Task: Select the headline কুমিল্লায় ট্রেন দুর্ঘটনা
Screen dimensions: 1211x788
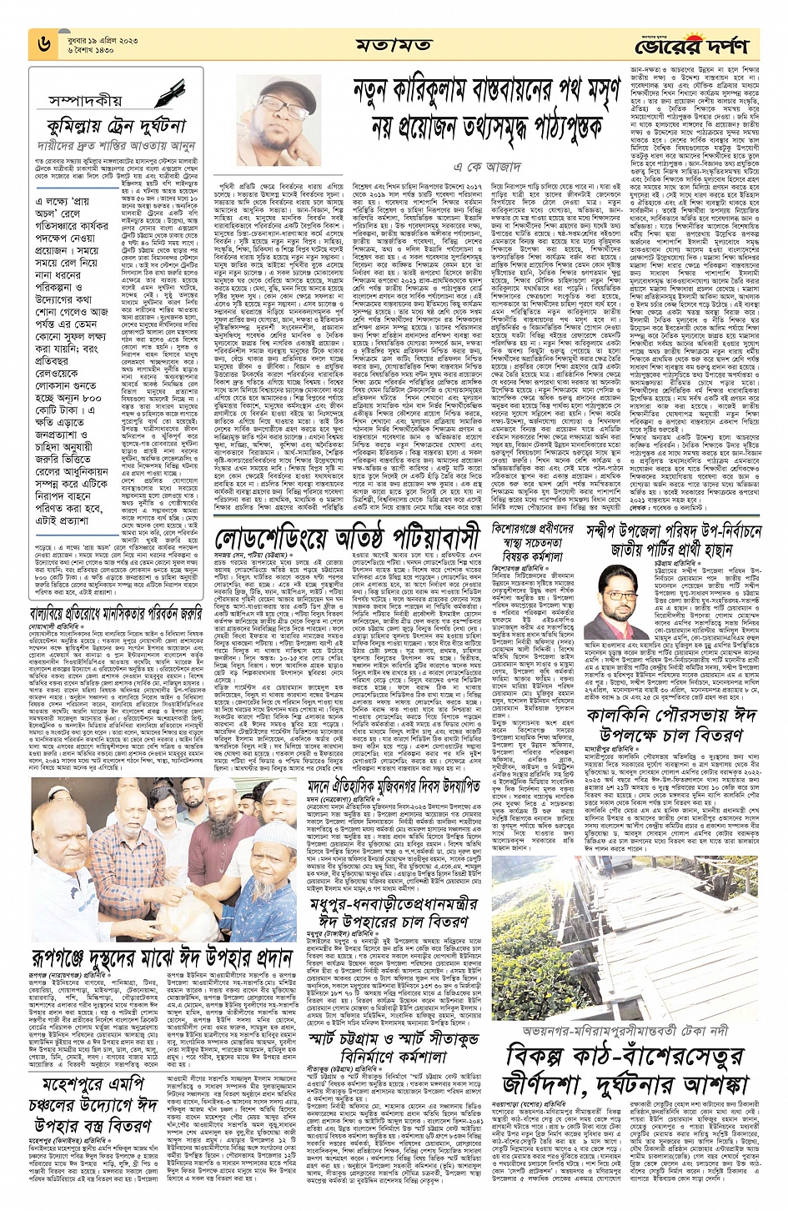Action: [118, 128]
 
